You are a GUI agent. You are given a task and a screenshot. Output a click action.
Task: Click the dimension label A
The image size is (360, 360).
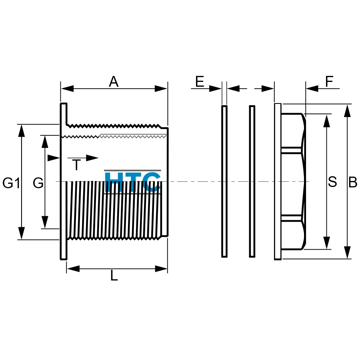(x=114, y=82)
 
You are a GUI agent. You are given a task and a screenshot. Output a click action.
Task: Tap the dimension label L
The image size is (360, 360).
(x=114, y=276)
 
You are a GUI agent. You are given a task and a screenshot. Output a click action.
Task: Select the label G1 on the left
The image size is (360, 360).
(x=11, y=183)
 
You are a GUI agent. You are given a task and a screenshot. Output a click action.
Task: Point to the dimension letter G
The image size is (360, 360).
(x=38, y=183)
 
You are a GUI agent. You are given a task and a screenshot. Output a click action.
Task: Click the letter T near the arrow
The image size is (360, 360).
(x=76, y=165)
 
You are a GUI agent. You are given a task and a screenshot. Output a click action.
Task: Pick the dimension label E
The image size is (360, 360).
(x=200, y=81)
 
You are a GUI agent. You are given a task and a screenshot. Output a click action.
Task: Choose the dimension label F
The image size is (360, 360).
(x=329, y=81)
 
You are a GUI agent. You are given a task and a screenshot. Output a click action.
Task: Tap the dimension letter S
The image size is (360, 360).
(x=332, y=182)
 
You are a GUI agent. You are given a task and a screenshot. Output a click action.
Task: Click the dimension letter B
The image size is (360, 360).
(x=353, y=182)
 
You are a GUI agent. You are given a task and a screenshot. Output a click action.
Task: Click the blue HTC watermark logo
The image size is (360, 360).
(x=133, y=182)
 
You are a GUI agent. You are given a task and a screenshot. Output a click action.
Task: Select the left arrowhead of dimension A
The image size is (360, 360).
(x=67, y=88)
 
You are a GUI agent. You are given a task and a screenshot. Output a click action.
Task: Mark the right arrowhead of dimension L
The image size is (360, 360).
(x=161, y=269)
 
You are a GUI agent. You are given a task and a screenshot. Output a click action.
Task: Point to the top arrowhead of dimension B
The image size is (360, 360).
(x=347, y=111)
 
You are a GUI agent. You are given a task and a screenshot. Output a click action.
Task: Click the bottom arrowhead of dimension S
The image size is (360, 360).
(x=326, y=243)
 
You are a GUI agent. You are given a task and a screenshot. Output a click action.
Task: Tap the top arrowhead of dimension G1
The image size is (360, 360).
(x=21, y=131)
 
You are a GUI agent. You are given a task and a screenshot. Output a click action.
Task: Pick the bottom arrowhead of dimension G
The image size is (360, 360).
(x=45, y=222)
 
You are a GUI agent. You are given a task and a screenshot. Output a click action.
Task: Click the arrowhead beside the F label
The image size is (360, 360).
(x=312, y=88)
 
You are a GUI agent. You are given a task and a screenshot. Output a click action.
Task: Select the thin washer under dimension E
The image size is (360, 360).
(x=224, y=181)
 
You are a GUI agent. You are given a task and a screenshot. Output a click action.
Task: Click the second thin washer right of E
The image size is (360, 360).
(x=252, y=181)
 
